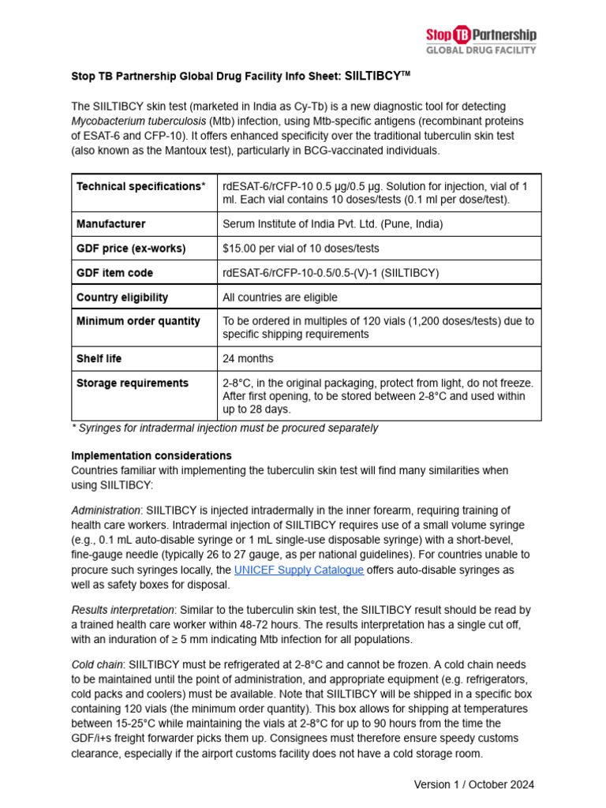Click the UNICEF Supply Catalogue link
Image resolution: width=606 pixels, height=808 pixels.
coord(299,570)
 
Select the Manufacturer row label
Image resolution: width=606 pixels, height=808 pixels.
coord(110,224)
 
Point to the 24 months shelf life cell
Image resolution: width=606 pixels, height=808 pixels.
coord(248,358)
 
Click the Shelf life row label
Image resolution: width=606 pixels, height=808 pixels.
coord(99,358)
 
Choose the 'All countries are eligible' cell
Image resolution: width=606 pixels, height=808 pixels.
coord(280,297)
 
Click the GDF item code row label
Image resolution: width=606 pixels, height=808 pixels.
coord(114,273)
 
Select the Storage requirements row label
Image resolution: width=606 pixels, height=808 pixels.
coord(133,383)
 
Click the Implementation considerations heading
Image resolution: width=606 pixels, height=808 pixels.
coord(151,455)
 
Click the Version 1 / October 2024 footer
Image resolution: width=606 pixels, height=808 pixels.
coord(474,784)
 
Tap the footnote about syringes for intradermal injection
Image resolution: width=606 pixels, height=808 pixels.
coord(225,428)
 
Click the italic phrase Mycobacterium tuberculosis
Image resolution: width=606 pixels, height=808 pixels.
coord(139,121)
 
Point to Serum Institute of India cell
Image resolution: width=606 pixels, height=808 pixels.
coord(333,224)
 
